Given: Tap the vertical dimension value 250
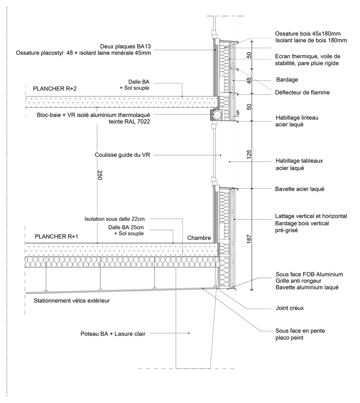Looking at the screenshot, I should click(x=99, y=175).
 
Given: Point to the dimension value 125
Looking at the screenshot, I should click(x=248, y=155).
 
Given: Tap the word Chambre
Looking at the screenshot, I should click(x=199, y=238).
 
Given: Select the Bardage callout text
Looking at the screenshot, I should click(x=287, y=80).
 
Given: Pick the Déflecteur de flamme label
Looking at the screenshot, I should click(x=302, y=93).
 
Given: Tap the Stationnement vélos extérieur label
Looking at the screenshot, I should click(x=72, y=300).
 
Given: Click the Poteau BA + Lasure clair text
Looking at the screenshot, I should click(x=113, y=333).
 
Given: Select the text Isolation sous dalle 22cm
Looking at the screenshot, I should click(x=114, y=219).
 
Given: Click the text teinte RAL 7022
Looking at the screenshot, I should click(x=127, y=121).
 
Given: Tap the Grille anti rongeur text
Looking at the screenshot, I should click(x=300, y=281).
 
